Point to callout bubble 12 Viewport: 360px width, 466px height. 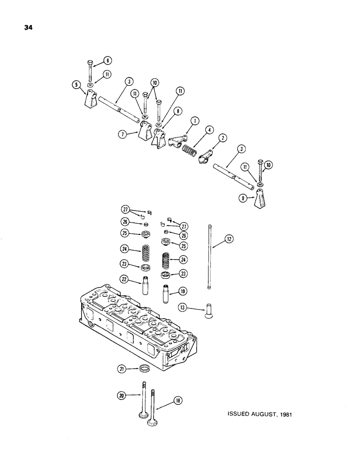229,239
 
